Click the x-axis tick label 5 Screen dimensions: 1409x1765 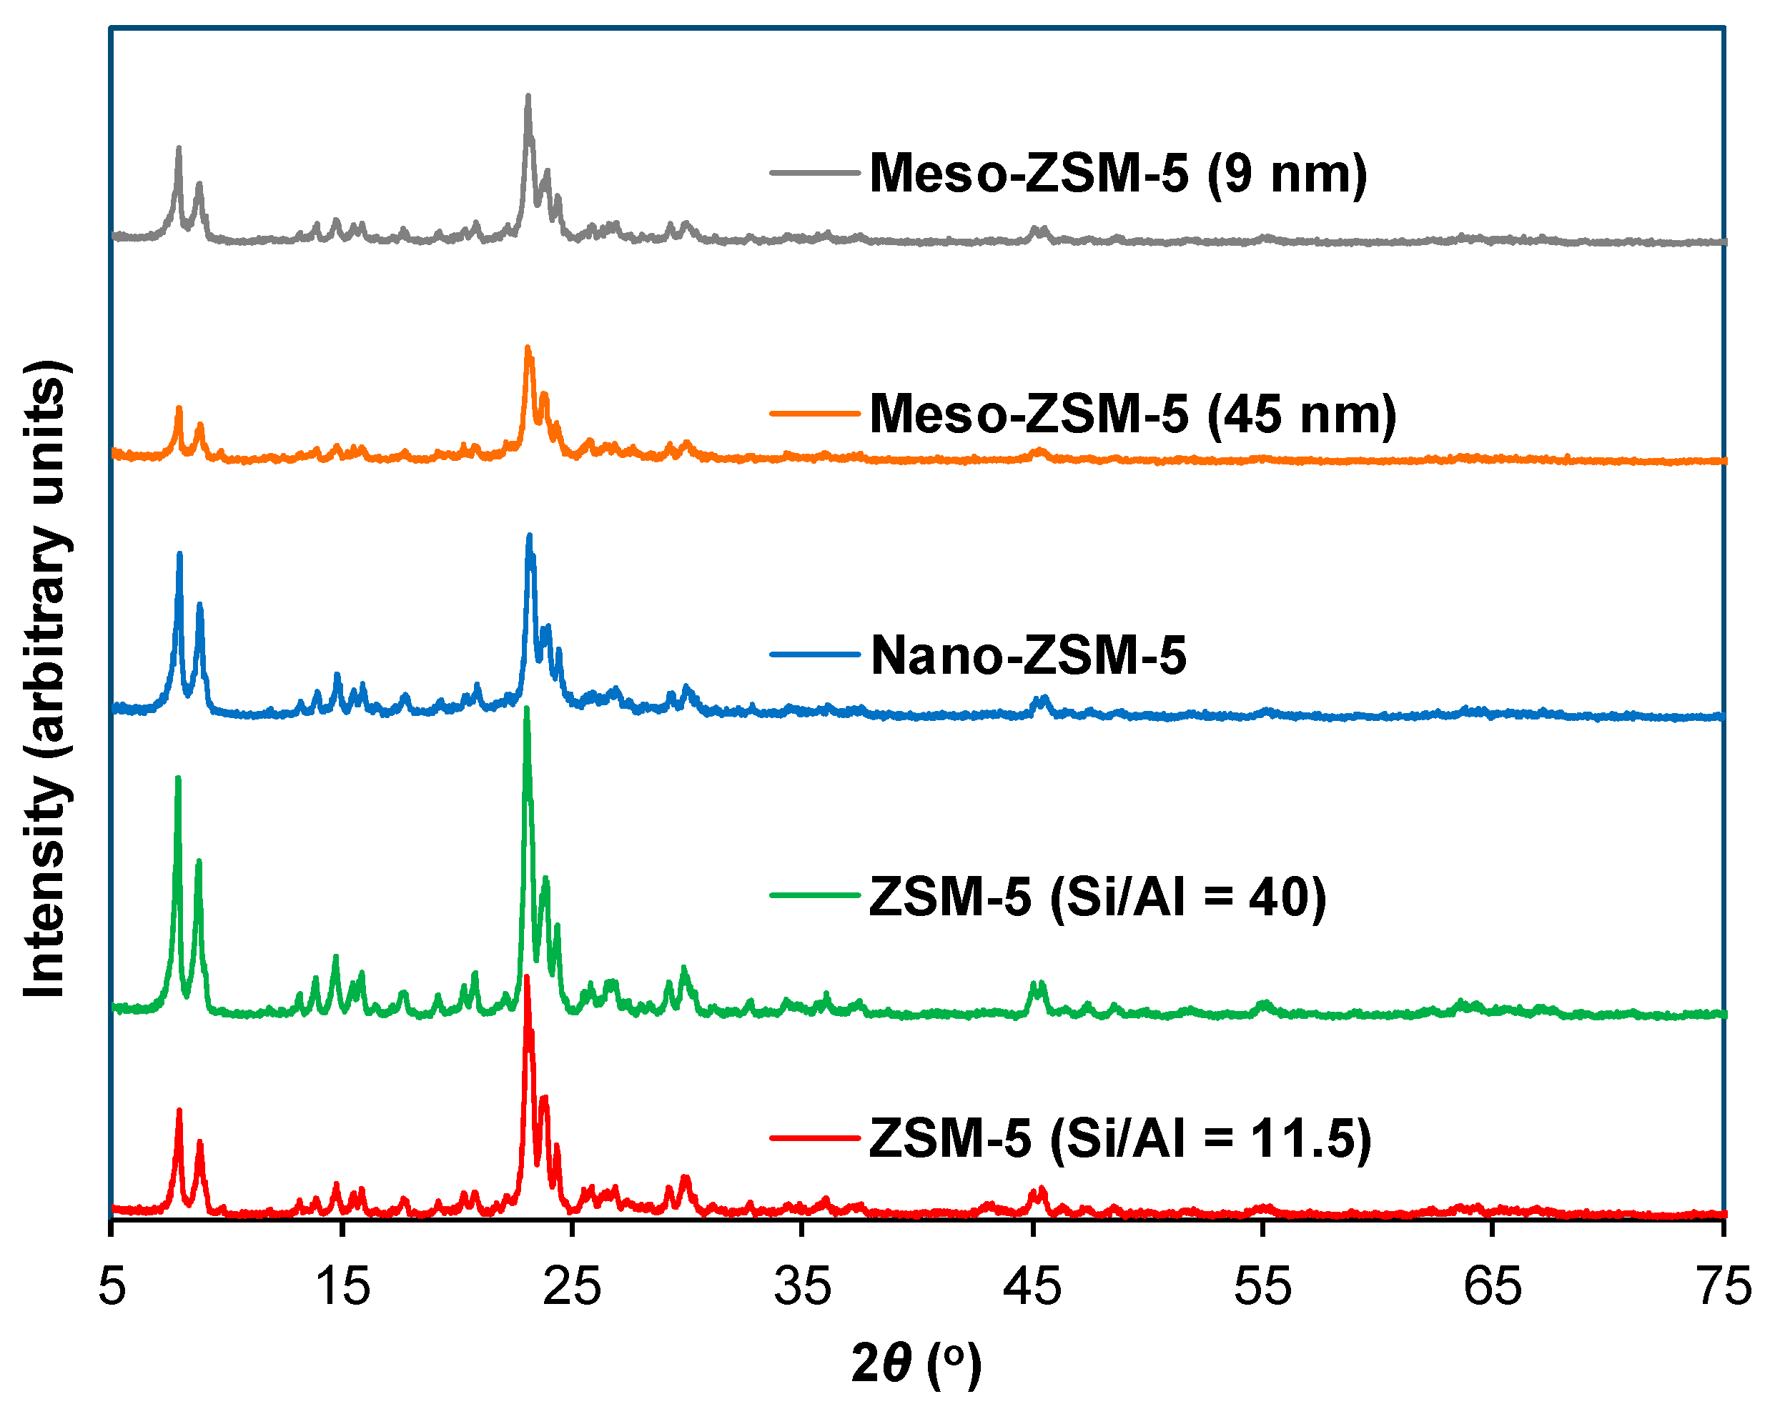coord(112,1286)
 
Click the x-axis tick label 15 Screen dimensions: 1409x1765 coord(342,1286)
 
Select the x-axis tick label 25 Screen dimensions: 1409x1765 coord(572,1286)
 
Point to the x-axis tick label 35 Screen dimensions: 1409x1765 coord(802,1286)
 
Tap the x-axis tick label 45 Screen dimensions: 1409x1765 coord(1032,1286)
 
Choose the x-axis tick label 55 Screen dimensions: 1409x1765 coord(1262,1286)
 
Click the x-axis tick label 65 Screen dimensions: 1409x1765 coord(1493,1286)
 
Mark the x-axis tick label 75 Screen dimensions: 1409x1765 coord(1724,1286)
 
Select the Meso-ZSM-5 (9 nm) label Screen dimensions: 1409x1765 coord(1118,174)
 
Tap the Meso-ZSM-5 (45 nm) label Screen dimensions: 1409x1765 coord(1133,414)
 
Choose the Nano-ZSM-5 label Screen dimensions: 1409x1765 coord(1028,655)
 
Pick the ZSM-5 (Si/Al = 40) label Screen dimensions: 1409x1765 coord(1098,897)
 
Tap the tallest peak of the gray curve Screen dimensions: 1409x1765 coord(528,97)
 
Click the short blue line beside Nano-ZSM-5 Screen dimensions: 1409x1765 coord(814,654)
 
